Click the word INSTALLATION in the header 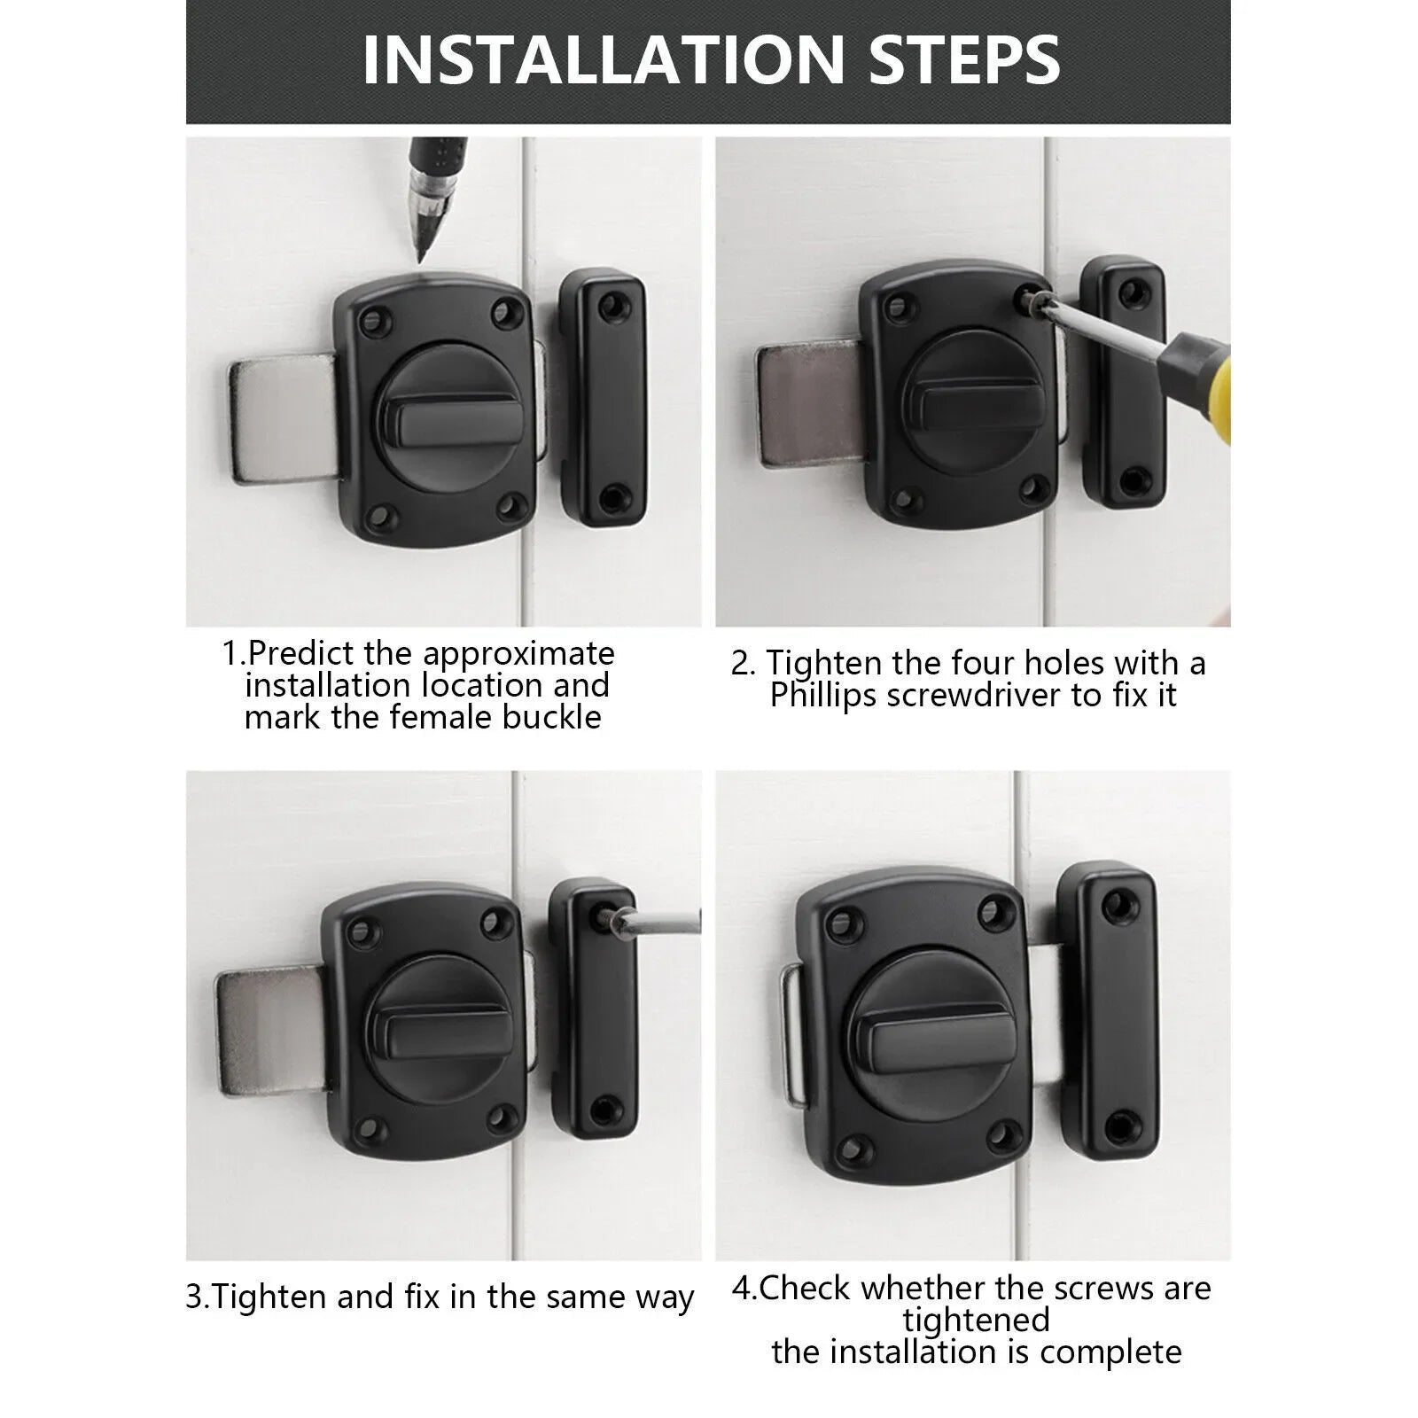pyautogui.click(x=604, y=59)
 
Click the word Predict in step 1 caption pyautogui.click(x=300, y=653)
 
